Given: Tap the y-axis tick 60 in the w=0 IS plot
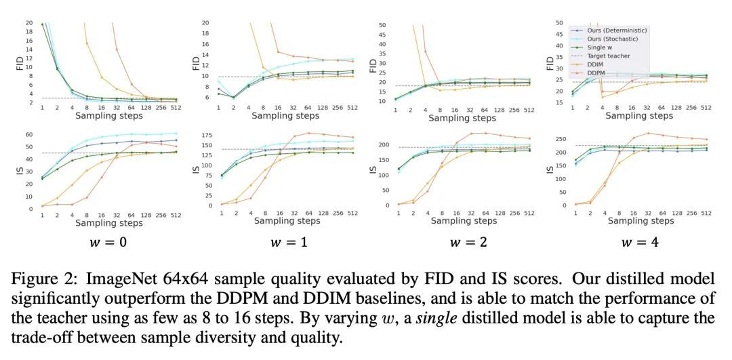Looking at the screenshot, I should tap(29, 135).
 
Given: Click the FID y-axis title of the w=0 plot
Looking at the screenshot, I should tap(20, 62).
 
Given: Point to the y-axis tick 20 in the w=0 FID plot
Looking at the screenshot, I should tap(29, 23).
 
